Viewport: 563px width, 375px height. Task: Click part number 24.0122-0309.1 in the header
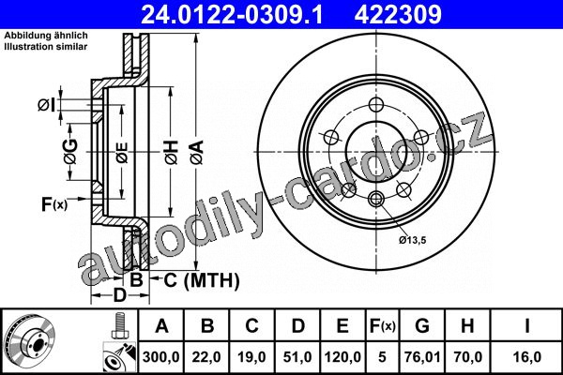click(x=233, y=14)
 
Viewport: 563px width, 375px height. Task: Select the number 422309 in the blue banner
click(x=398, y=14)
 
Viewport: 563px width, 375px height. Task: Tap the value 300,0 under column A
click(x=161, y=357)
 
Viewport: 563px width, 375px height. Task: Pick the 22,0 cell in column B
click(x=206, y=357)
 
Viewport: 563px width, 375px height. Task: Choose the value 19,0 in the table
click(x=251, y=357)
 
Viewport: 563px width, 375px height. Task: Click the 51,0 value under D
click(x=297, y=357)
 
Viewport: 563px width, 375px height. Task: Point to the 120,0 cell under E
click(x=342, y=357)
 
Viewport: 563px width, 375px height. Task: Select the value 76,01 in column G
click(x=422, y=357)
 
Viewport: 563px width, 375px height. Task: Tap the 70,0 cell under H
click(x=467, y=357)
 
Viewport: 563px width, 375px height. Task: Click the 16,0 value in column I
click(x=526, y=357)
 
